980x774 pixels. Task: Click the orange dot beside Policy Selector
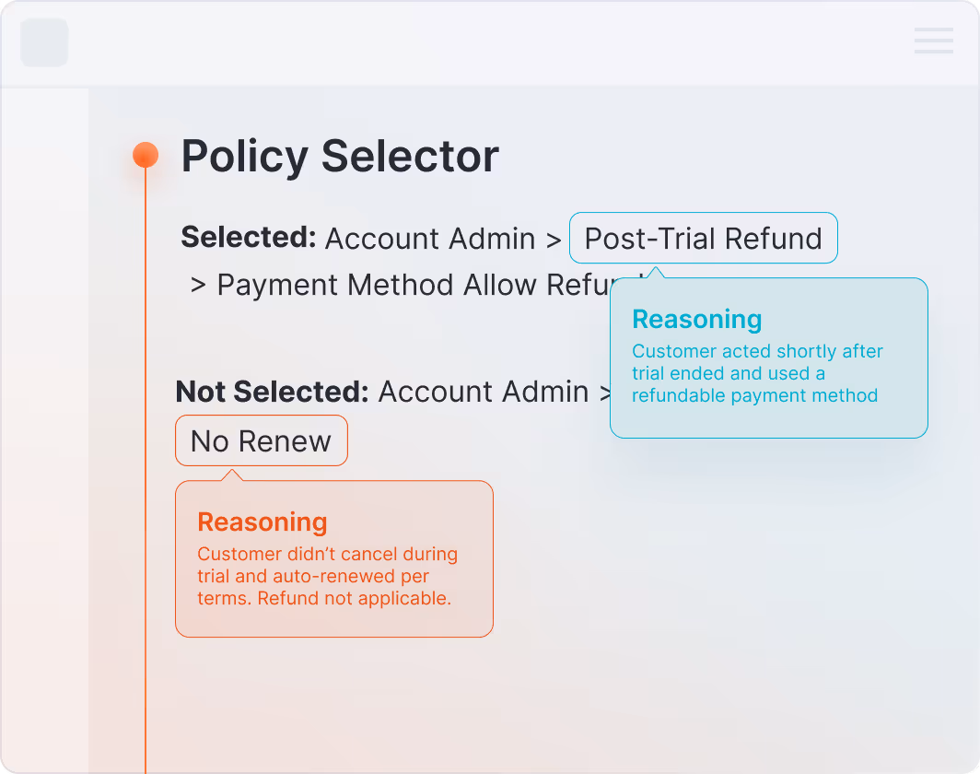coord(146,155)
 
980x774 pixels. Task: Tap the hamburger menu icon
coord(933,41)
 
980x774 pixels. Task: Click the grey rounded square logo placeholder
coord(44,42)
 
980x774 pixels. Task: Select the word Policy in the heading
coord(244,157)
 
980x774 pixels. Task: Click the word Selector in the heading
coord(410,157)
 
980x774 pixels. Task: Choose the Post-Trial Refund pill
coord(703,239)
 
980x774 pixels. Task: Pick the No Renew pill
coord(261,441)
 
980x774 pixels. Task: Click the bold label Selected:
coord(249,238)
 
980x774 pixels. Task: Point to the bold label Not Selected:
coord(272,392)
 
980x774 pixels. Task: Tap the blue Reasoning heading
coord(696,320)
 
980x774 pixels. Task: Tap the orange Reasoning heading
coord(262,522)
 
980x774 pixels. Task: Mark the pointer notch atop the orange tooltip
coord(233,475)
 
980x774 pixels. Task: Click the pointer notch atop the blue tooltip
coord(654,273)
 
